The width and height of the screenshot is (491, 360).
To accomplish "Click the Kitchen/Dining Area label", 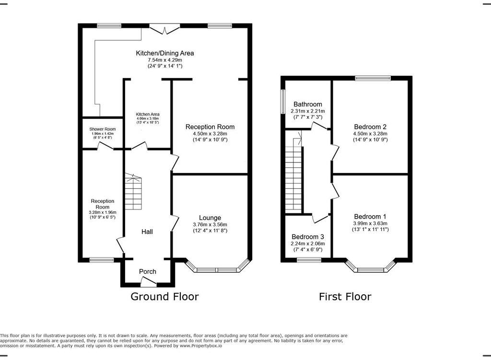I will pyautogui.click(x=165, y=53).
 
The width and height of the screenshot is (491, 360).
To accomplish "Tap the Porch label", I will pyautogui.click(x=148, y=271).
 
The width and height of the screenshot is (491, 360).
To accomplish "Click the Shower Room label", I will pyautogui.click(x=102, y=129).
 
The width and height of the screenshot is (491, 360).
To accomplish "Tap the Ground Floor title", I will pyautogui.click(x=164, y=297).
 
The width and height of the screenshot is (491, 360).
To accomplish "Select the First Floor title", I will pyautogui.click(x=345, y=297).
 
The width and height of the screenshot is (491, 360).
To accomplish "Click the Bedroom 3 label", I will pyautogui.click(x=308, y=237).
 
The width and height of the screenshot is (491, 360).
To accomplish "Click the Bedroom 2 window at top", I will pyautogui.click(x=373, y=78).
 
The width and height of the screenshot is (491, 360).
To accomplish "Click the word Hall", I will pyautogui.click(x=147, y=232).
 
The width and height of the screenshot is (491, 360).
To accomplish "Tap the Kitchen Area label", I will pyautogui.click(x=148, y=115).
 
